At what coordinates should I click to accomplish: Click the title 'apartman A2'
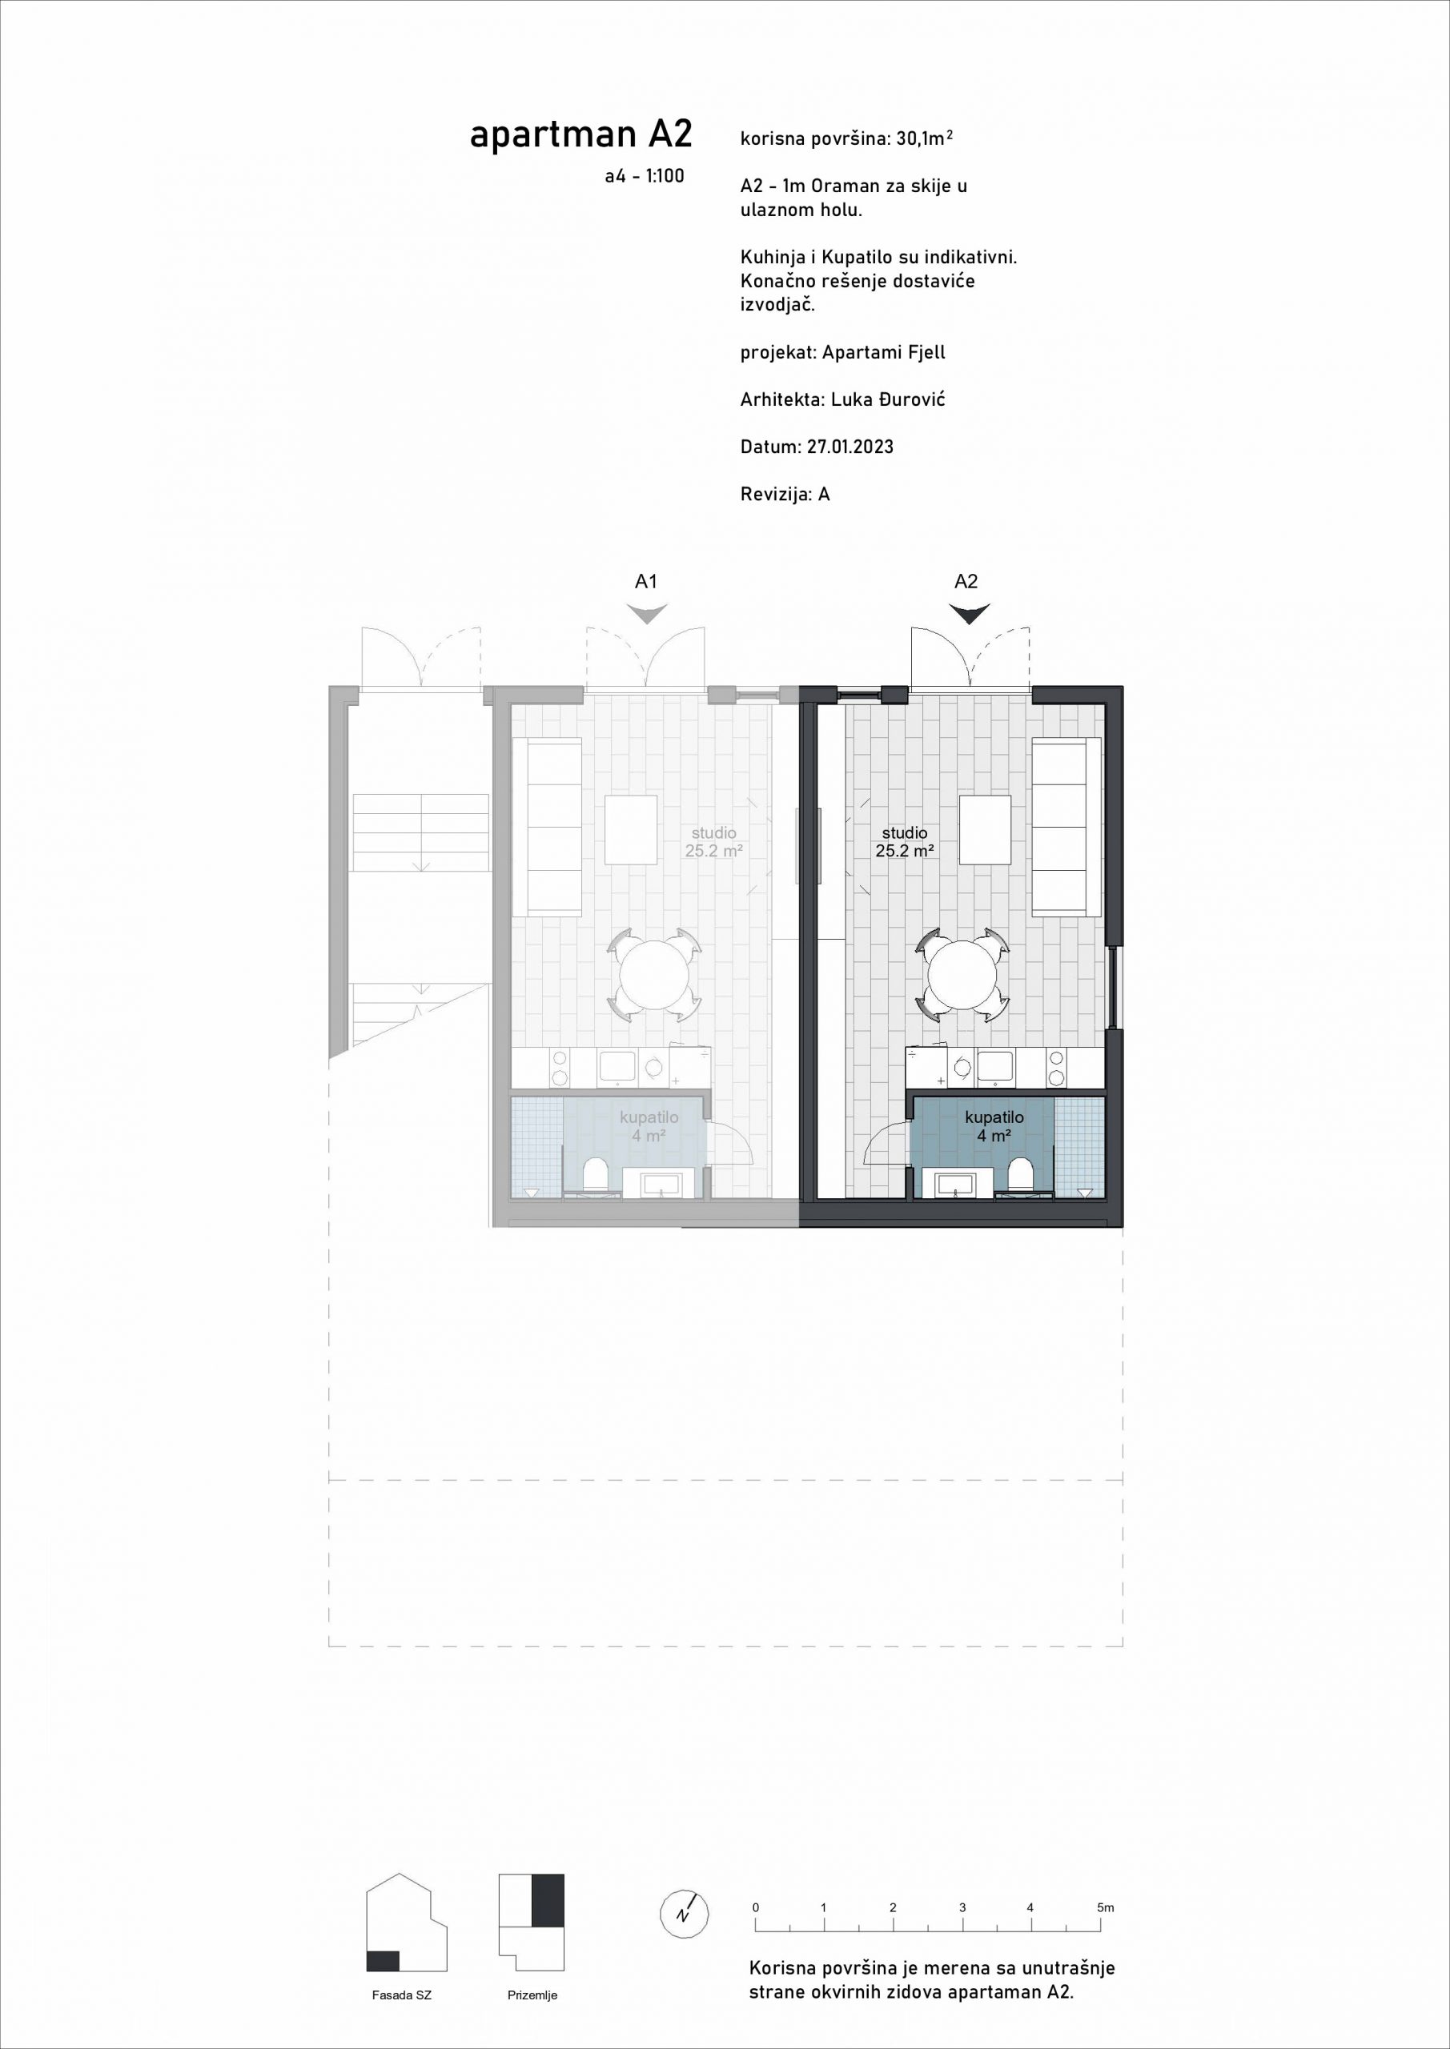tap(580, 134)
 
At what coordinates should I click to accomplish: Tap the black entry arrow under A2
tap(970, 614)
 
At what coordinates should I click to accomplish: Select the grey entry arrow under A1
tap(647, 614)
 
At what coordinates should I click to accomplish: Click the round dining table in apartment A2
tap(962, 975)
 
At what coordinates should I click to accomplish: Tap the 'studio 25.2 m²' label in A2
tap(905, 841)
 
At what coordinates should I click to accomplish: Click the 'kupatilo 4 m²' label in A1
tap(649, 1126)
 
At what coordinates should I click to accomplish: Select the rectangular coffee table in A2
tap(985, 830)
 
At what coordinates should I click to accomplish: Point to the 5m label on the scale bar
tap(1106, 1908)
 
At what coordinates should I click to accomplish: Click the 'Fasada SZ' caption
tap(402, 1995)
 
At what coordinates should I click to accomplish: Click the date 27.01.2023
tap(850, 446)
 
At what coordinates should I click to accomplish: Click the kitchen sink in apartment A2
tap(998, 1066)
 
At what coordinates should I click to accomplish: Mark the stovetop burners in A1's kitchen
tap(560, 1068)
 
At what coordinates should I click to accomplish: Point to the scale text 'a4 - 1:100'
tap(645, 176)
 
